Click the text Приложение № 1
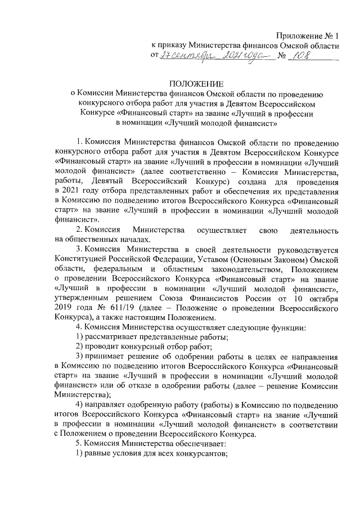308,36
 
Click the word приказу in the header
173,47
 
